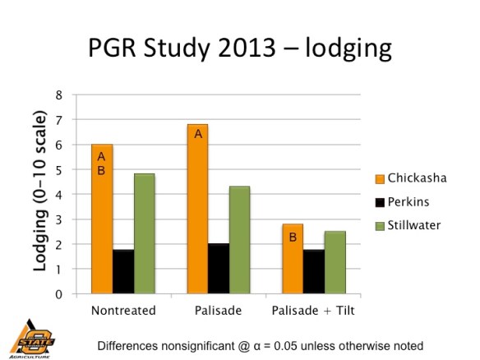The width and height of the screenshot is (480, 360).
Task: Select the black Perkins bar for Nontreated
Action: [x=122, y=271]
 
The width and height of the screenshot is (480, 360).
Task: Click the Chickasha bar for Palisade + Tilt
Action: [x=293, y=259]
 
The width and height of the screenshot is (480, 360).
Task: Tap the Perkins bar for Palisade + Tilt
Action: [x=314, y=271]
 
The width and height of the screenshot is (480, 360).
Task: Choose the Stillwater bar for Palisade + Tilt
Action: [x=335, y=262]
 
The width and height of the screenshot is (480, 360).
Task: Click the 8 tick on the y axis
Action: [x=58, y=95]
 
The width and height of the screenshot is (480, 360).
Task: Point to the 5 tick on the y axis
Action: [x=58, y=169]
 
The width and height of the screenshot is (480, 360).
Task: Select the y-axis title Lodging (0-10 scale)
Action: [x=38, y=193]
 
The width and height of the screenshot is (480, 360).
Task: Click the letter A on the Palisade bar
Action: [x=197, y=132]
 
